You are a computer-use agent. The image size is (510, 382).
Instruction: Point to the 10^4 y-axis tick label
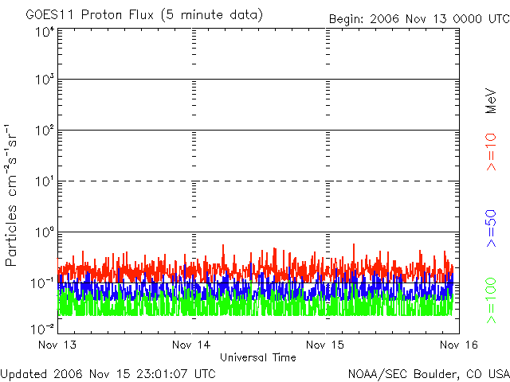pos(44,32)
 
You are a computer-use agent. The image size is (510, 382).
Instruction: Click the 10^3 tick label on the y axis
pos(44,80)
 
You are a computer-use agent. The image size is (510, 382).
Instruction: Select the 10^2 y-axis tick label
pos(44,131)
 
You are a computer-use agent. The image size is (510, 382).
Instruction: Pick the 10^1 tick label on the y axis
pos(44,182)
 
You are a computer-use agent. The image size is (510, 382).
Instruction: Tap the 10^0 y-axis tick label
pos(44,233)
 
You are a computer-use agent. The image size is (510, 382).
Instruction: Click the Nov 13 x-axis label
pos(57,345)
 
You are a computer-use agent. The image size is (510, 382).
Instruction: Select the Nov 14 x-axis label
pos(192,345)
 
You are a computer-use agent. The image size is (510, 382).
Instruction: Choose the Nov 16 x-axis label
pos(457,345)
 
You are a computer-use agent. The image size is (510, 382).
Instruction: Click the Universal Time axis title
pos(257,357)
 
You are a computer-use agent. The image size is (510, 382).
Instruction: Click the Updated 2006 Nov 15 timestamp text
pos(108,372)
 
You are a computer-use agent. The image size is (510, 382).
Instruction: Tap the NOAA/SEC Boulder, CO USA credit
pos(428,372)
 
